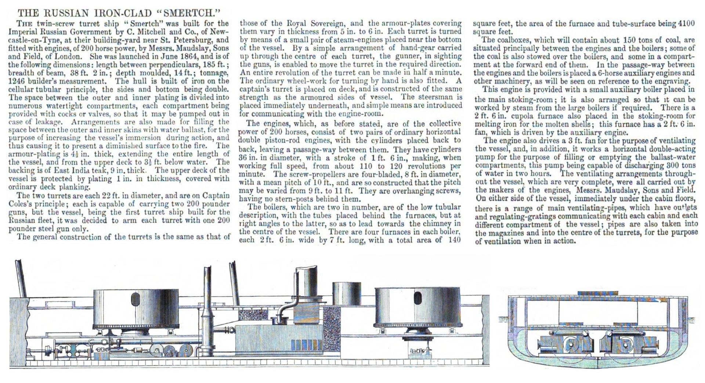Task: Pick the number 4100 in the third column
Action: pyautogui.click(x=685, y=23)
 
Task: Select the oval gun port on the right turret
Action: pyautogui.click(x=418, y=298)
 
